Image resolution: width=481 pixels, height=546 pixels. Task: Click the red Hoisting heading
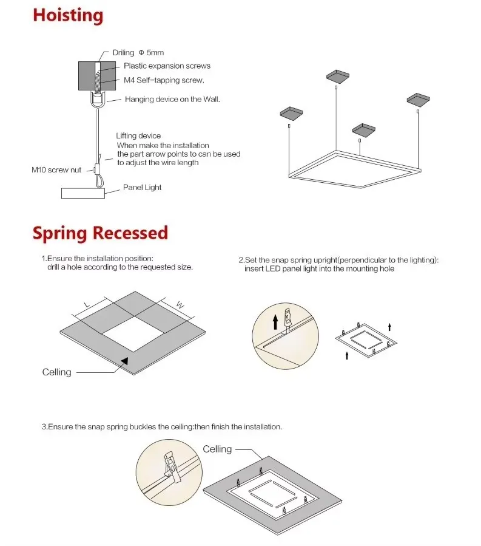pos(68,15)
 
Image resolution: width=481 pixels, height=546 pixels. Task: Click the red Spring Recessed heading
pos(100,233)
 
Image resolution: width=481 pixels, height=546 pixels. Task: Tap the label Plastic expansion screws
pos(167,66)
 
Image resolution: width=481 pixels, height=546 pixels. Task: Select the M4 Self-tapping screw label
pos(164,80)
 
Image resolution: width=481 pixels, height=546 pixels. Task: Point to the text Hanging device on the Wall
pos(172,99)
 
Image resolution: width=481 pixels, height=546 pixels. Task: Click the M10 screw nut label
pos(56,170)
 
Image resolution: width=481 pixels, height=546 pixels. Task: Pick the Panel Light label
pos(143,188)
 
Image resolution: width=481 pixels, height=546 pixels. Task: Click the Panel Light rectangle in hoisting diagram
pos(82,193)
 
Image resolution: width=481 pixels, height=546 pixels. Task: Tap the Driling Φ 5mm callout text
pos(138,53)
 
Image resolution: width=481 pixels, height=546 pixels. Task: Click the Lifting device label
pos(138,136)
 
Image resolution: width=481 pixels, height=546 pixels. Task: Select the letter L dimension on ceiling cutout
pos(87,304)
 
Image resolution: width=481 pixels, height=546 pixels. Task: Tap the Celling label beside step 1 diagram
pos(56,372)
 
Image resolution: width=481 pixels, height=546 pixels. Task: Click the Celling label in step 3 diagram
pos(217,449)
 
